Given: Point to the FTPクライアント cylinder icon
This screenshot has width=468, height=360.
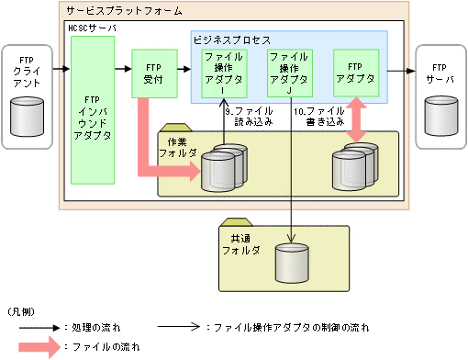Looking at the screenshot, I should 27,114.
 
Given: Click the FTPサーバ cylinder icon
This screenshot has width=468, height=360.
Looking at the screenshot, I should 441,115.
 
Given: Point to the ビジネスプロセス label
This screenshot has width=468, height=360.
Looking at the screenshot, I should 231,40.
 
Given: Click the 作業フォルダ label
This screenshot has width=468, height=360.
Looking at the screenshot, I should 184,145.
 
